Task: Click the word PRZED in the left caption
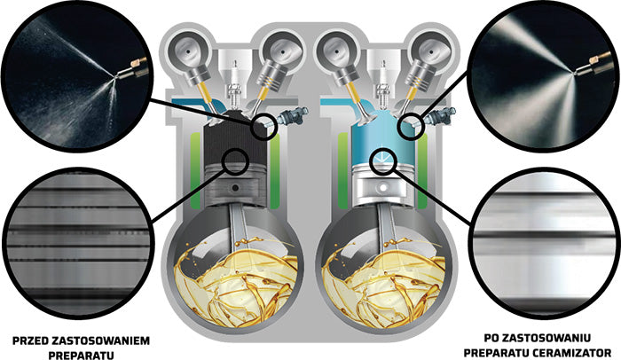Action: (31, 341)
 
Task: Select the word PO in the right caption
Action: (491, 338)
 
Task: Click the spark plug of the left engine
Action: (235, 84)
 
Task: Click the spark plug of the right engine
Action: (382, 84)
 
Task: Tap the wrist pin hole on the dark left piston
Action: (235, 188)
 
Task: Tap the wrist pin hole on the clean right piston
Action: (383, 186)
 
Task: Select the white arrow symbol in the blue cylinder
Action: (381, 158)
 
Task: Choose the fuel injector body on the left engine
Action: (291, 115)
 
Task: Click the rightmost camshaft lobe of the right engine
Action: (430, 51)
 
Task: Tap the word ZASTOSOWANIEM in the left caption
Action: (101, 341)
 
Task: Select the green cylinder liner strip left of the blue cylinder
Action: (342, 170)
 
